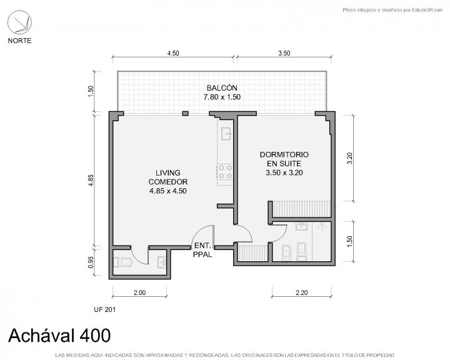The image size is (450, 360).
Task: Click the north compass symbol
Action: [19, 22]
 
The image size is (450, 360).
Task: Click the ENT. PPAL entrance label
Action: [202, 250]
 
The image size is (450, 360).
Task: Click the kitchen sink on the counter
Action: [226, 134]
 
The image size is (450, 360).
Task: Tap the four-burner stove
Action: [225, 171]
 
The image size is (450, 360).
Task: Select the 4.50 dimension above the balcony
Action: [173, 53]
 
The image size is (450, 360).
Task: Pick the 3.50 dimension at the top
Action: [284, 53]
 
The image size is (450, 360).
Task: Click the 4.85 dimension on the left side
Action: [91, 180]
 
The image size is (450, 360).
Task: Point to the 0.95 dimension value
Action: [91, 262]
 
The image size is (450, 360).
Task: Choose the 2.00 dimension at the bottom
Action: [139, 292]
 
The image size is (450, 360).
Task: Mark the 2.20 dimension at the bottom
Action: [302, 292]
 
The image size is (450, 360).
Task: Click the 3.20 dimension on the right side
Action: [349, 158]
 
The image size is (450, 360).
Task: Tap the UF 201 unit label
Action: [104, 309]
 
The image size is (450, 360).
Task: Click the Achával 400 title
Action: [59, 335]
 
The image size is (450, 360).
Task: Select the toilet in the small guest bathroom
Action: [122, 262]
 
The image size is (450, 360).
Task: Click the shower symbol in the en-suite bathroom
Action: [321, 226]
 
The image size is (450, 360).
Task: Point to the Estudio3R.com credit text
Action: [427, 10]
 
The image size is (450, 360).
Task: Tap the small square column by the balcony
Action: [186, 113]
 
